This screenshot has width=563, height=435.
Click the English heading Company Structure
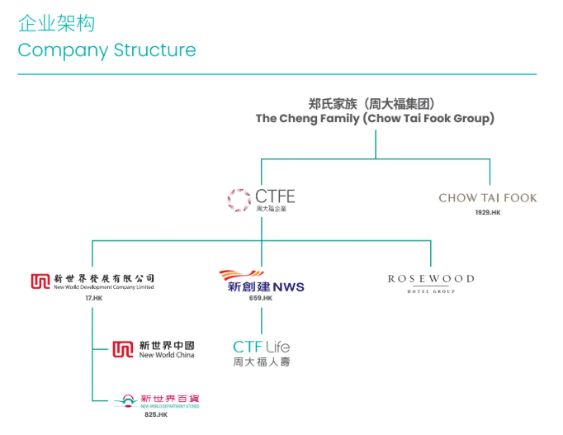click(106, 50)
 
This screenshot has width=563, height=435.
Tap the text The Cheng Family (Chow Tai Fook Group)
click(375, 119)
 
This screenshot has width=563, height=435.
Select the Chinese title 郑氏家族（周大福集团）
click(375, 103)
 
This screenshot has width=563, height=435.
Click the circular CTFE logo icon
click(239, 199)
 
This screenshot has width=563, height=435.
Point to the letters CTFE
click(274, 196)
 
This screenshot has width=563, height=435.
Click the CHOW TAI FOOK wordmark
click(487, 198)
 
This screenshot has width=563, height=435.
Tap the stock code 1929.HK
click(487, 213)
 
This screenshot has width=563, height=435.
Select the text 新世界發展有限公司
click(104, 278)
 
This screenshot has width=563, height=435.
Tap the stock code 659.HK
click(261, 298)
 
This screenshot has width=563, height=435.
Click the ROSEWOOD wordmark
click(431, 279)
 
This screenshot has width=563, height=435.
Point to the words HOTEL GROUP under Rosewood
click(431, 291)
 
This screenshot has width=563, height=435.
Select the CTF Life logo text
click(261, 347)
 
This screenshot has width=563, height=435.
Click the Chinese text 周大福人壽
click(261, 362)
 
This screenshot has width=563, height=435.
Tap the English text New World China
click(167, 355)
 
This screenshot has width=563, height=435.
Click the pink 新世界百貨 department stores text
click(169, 399)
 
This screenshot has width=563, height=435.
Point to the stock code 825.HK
click(155, 414)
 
